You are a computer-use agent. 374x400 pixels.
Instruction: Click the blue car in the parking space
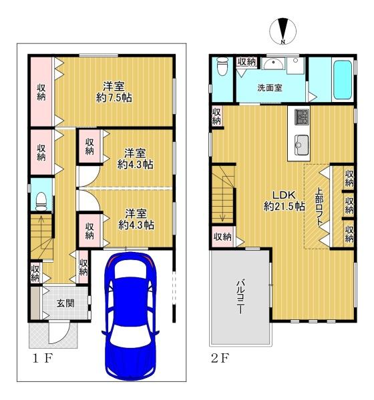(130, 315)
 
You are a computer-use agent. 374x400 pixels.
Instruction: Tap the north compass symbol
(283, 31)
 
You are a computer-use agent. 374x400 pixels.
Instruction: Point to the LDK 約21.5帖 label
(284, 201)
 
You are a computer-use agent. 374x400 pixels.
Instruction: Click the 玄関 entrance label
(65, 303)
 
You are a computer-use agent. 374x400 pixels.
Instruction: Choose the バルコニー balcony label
(240, 297)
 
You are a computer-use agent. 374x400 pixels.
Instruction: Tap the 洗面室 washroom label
(270, 88)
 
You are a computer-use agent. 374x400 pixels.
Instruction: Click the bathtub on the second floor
(343, 80)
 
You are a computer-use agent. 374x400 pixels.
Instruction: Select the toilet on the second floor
(222, 66)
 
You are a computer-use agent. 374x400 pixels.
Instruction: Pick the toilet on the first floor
(41, 202)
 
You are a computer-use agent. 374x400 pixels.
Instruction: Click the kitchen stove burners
(302, 117)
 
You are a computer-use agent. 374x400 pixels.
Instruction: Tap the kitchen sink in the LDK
(302, 145)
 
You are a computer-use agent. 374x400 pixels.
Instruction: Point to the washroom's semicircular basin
(274, 64)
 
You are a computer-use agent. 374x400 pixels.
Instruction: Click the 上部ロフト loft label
(319, 207)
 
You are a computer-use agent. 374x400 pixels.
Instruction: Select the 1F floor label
(43, 359)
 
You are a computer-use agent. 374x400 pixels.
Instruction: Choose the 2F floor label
(220, 358)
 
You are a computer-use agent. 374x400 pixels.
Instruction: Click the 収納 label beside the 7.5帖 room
(41, 92)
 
